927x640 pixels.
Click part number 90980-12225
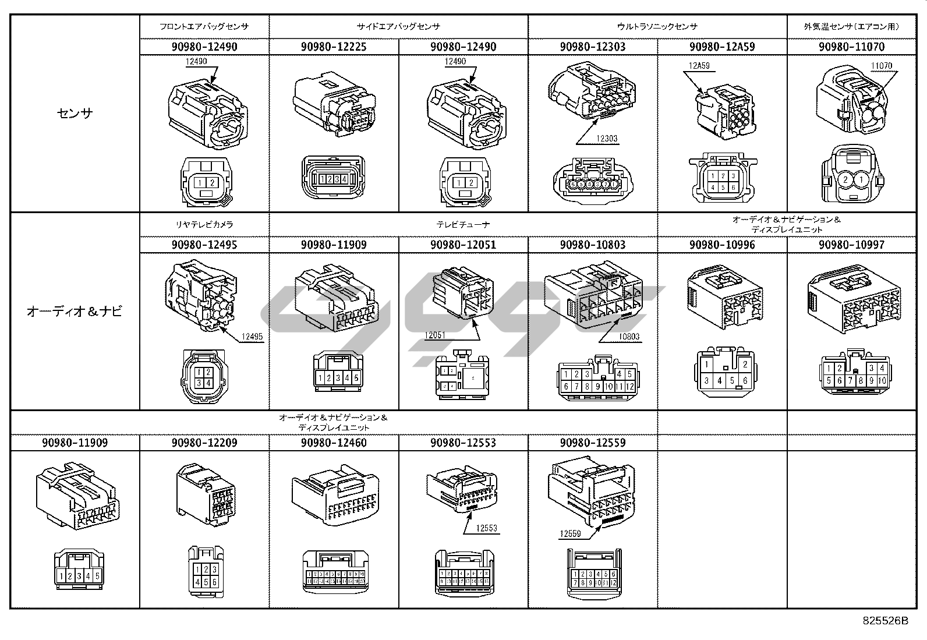pos(334,47)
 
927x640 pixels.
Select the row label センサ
pos(75,114)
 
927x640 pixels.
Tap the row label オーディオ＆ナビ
pos(75,312)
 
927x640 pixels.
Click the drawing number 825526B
pos(885,621)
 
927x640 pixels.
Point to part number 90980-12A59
pos(722,47)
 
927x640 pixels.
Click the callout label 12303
pos(606,139)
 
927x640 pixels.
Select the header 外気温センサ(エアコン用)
pos(851,26)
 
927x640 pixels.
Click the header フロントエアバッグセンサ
pos(204,26)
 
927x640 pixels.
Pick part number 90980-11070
pos(851,47)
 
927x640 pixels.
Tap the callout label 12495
pos(252,337)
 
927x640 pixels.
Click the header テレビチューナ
pos(463,224)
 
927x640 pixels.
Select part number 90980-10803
pos(593,245)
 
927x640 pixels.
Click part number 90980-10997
pos(851,245)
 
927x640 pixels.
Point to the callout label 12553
pos(486,529)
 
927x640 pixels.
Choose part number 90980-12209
pos(204,443)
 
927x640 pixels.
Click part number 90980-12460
pos(334,443)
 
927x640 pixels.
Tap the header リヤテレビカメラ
pos(204,224)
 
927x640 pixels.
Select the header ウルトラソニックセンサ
pos(657,26)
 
